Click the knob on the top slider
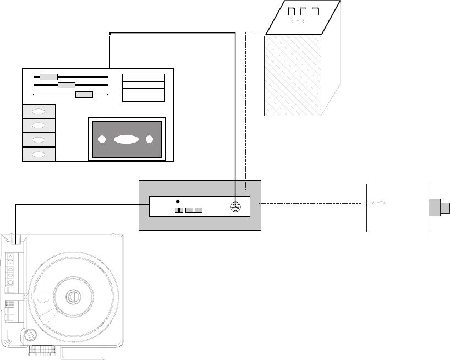49,77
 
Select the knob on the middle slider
67,85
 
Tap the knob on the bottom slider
84,94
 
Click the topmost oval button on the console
39,111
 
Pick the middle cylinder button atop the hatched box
304,10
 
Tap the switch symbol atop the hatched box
299,21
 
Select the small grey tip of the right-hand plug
446,208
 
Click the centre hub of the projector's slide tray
73,297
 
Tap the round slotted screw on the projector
31,334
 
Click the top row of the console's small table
143,78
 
